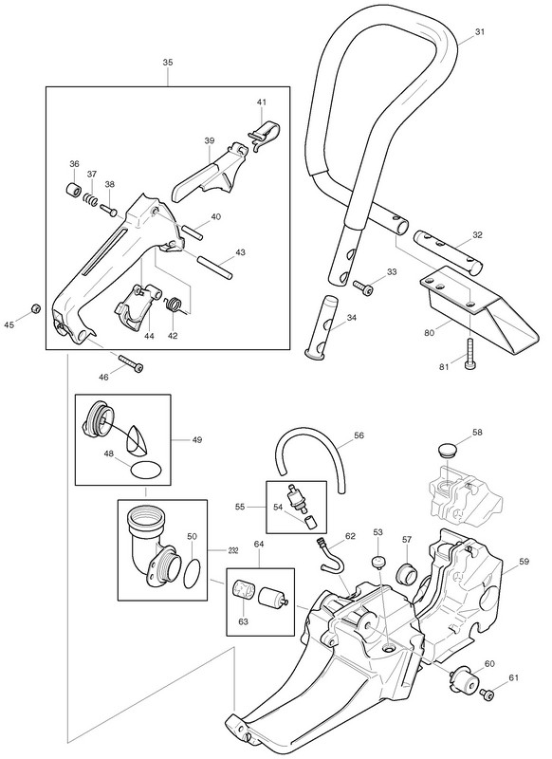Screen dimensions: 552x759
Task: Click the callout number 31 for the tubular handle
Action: click(479, 32)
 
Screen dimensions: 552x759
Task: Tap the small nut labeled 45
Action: click(35, 308)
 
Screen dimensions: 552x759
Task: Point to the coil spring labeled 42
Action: click(175, 305)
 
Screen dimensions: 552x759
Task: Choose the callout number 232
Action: click(233, 551)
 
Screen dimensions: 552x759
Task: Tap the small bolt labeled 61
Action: click(488, 694)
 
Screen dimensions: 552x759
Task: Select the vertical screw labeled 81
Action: click(469, 354)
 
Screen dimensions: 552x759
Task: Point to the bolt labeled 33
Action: click(363, 287)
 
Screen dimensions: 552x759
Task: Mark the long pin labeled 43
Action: click(215, 268)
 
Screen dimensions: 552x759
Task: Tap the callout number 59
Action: click(524, 563)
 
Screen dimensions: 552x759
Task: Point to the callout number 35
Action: click(168, 63)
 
